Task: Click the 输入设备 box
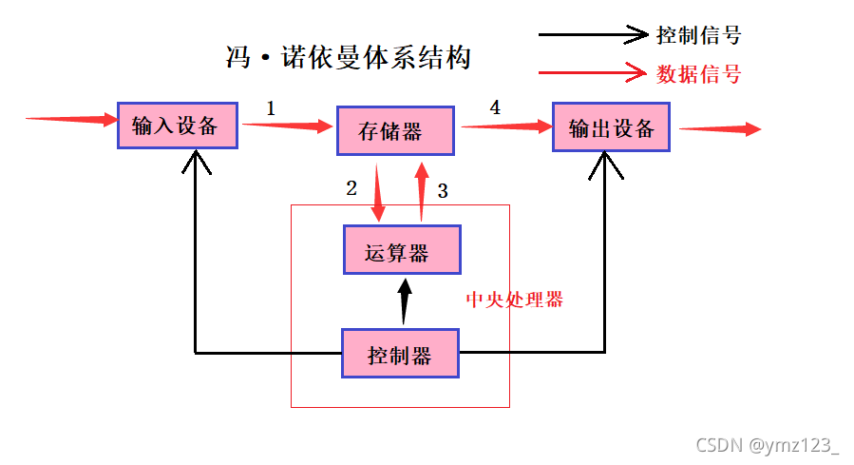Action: coord(176,126)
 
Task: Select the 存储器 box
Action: coord(395,130)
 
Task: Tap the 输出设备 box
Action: coord(611,127)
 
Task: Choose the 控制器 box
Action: coord(400,354)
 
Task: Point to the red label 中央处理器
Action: coord(514,300)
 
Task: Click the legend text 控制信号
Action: coord(698,36)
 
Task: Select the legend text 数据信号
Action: coord(698,73)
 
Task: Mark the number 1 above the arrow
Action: coord(271,108)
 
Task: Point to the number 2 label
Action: coord(351,188)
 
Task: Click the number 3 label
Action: coord(442,191)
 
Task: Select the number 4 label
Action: coord(495,107)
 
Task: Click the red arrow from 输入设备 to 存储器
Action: coord(286,125)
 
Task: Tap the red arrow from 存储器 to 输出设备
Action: coord(504,126)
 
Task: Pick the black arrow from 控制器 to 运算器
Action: coord(404,300)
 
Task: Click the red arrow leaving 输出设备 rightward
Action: coord(719,128)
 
